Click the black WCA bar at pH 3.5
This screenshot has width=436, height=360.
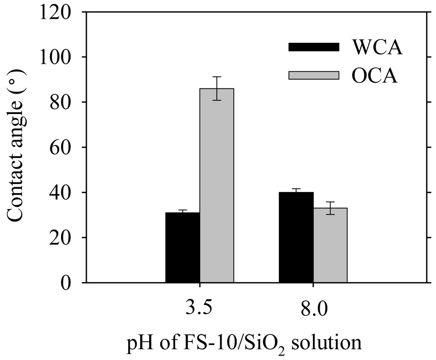click(182, 248)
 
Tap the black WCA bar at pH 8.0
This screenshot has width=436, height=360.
click(296, 237)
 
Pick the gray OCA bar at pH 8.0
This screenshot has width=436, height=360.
click(330, 245)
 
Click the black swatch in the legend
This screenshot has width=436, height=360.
click(314, 47)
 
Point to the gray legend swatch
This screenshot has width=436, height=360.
click(314, 75)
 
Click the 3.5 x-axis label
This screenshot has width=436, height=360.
click(199, 308)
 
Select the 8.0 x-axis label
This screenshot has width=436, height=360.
click(313, 308)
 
